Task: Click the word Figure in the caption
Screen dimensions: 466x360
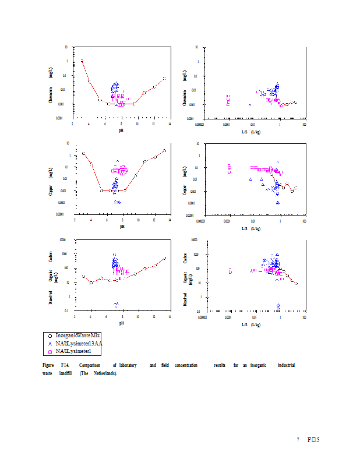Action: (48, 365)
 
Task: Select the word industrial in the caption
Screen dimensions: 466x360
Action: (286, 365)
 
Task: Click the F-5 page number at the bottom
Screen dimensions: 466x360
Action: (314, 439)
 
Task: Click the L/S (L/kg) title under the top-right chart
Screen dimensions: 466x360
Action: (252, 131)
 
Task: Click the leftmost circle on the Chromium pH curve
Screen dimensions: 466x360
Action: (82, 60)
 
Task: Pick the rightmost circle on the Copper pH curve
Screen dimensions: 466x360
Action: (164, 150)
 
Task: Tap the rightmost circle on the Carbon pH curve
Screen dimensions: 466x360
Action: (164, 258)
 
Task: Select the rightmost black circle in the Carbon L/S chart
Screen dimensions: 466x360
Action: (296, 283)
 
